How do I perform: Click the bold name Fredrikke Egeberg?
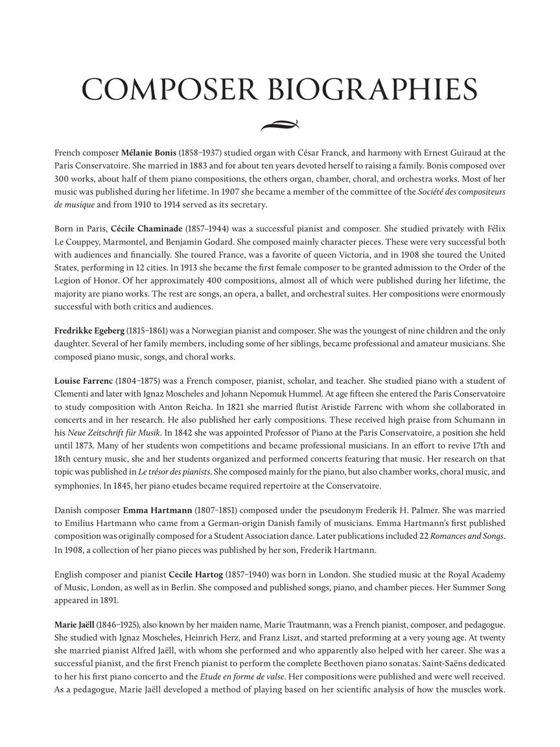pos(89,331)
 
